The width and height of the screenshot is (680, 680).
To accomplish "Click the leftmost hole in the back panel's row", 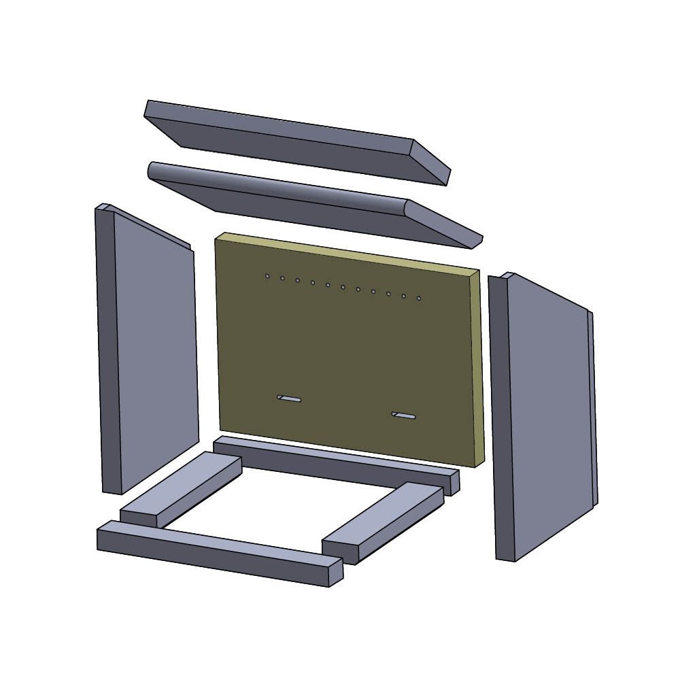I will pyautogui.click(x=267, y=276).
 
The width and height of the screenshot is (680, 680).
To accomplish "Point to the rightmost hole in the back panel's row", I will pyautogui.click(x=419, y=298).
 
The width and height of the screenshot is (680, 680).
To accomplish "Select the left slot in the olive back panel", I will pyautogui.click(x=289, y=398).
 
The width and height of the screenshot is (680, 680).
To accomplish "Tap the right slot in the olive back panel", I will pyautogui.click(x=405, y=415).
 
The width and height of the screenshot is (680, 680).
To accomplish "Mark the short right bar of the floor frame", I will pyautogui.click(x=384, y=520).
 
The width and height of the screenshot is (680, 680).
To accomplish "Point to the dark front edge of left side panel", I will pyautogui.click(x=109, y=350).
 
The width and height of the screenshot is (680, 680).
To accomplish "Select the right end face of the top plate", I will pyautogui.click(x=430, y=162).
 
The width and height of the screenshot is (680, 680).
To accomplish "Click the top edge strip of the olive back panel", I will pyautogui.click(x=347, y=252).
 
